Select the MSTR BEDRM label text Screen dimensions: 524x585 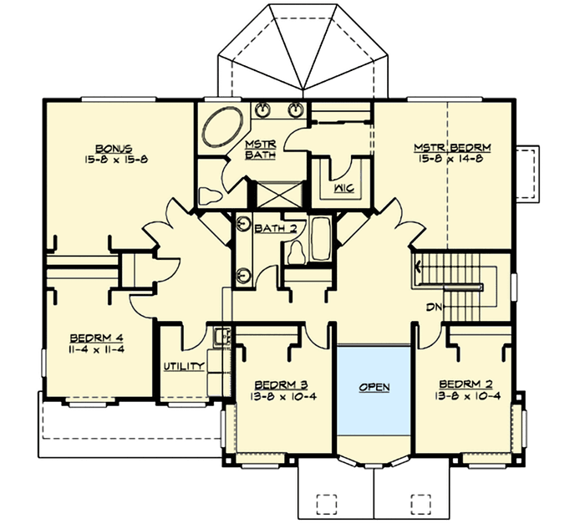[x=452, y=148]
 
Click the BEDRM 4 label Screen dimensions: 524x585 [x=97, y=338]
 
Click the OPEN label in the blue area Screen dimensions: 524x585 [x=374, y=388]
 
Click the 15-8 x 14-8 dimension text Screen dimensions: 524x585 [x=452, y=159]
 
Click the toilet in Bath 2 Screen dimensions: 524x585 [x=297, y=249]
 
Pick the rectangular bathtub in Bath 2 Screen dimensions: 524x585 [x=322, y=240]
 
